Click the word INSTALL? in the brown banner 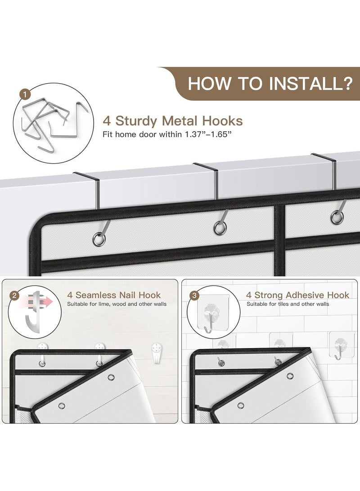(x=310, y=84)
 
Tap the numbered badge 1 (x=25, y=94)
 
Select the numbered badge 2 (x=14, y=295)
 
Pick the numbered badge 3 (x=194, y=295)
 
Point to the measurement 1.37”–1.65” (x=208, y=134)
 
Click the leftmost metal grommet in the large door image (x=99, y=240)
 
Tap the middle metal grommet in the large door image (x=220, y=228)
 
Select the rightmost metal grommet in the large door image (x=337, y=217)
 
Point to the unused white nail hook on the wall (x=156, y=353)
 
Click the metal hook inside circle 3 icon (x=209, y=323)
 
